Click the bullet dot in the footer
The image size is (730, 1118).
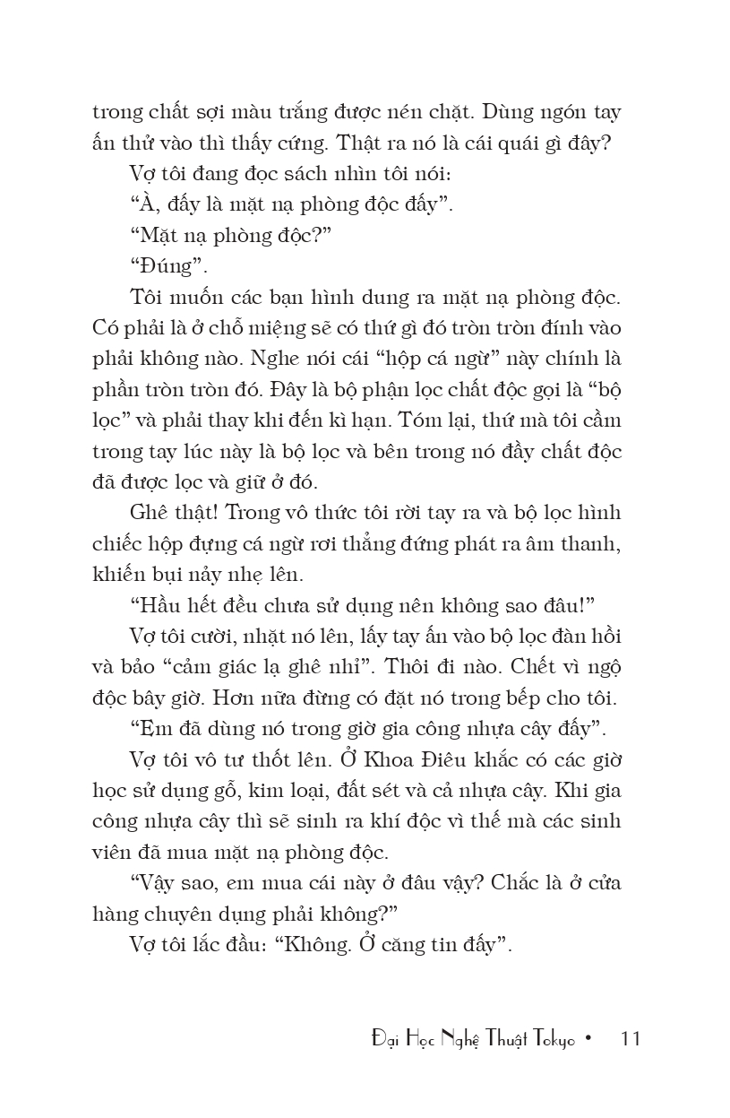pyautogui.click(x=588, y=1039)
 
